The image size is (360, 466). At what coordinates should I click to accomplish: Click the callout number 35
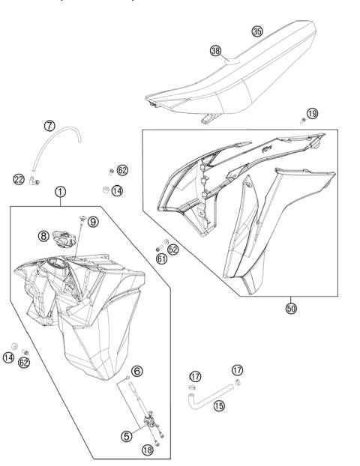coord(257,31)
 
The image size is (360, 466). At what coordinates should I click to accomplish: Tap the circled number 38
coord(216,51)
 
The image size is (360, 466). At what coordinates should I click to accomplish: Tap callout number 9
coord(92,222)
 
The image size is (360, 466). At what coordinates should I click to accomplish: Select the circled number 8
coord(44,235)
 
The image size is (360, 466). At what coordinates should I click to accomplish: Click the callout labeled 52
coord(173,249)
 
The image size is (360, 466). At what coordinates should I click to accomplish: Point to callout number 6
coord(136,371)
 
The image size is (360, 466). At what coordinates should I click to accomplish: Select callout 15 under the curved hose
coord(220,405)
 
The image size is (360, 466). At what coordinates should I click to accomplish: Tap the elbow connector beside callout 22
coord(35,179)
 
